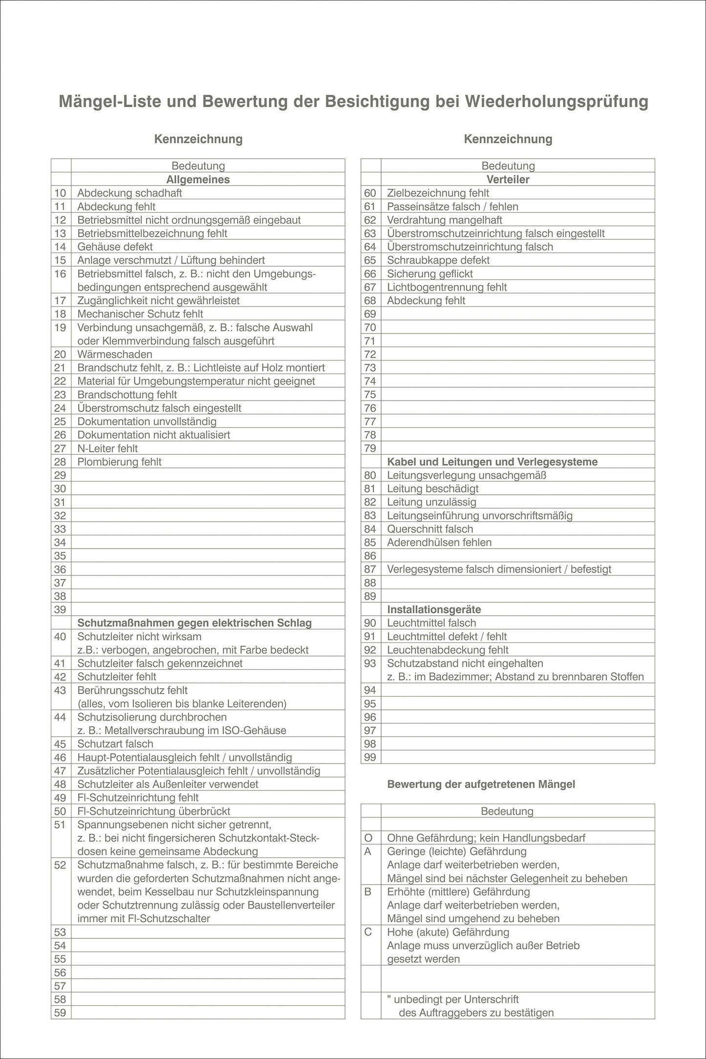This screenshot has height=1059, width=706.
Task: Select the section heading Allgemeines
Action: [x=198, y=179]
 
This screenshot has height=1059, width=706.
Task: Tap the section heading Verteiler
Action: [x=508, y=179]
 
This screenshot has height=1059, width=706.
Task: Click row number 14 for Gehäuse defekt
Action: [x=60, y=247]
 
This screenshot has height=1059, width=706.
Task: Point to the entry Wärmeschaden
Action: [x=115, y=354]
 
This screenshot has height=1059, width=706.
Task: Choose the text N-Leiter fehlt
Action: [x=107, y=448]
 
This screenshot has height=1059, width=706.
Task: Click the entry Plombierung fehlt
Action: [x=119, y=462]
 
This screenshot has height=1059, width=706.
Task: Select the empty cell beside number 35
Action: [x=208, y=555]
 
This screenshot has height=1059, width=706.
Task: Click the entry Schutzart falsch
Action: [x=115, y=743]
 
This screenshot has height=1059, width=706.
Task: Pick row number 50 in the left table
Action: [x=60, y=811]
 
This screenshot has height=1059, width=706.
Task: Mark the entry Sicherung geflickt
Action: [x=430, y=274]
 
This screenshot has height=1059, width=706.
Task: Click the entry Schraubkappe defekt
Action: [x=438, y=260]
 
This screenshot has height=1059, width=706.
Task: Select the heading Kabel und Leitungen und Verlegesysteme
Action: [x=492, y=462]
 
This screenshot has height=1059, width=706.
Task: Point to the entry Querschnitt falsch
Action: [x=430, y=529]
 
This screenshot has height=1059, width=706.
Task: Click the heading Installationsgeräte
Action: [x=434, y=609]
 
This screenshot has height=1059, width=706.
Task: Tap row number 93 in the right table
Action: [x=370, y=663]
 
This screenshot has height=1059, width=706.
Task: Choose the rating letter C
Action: [x=368, y=932]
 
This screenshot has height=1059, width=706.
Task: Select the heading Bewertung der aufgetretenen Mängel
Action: [x=481, y=784]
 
